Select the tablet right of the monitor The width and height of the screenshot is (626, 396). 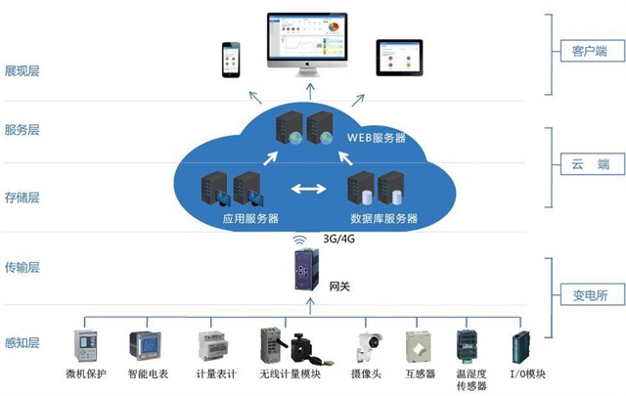(399, 58)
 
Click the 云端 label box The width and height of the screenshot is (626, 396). (582, 164)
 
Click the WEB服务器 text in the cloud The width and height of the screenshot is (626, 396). (376, 138)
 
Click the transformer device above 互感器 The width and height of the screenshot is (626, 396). (420, 347)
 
